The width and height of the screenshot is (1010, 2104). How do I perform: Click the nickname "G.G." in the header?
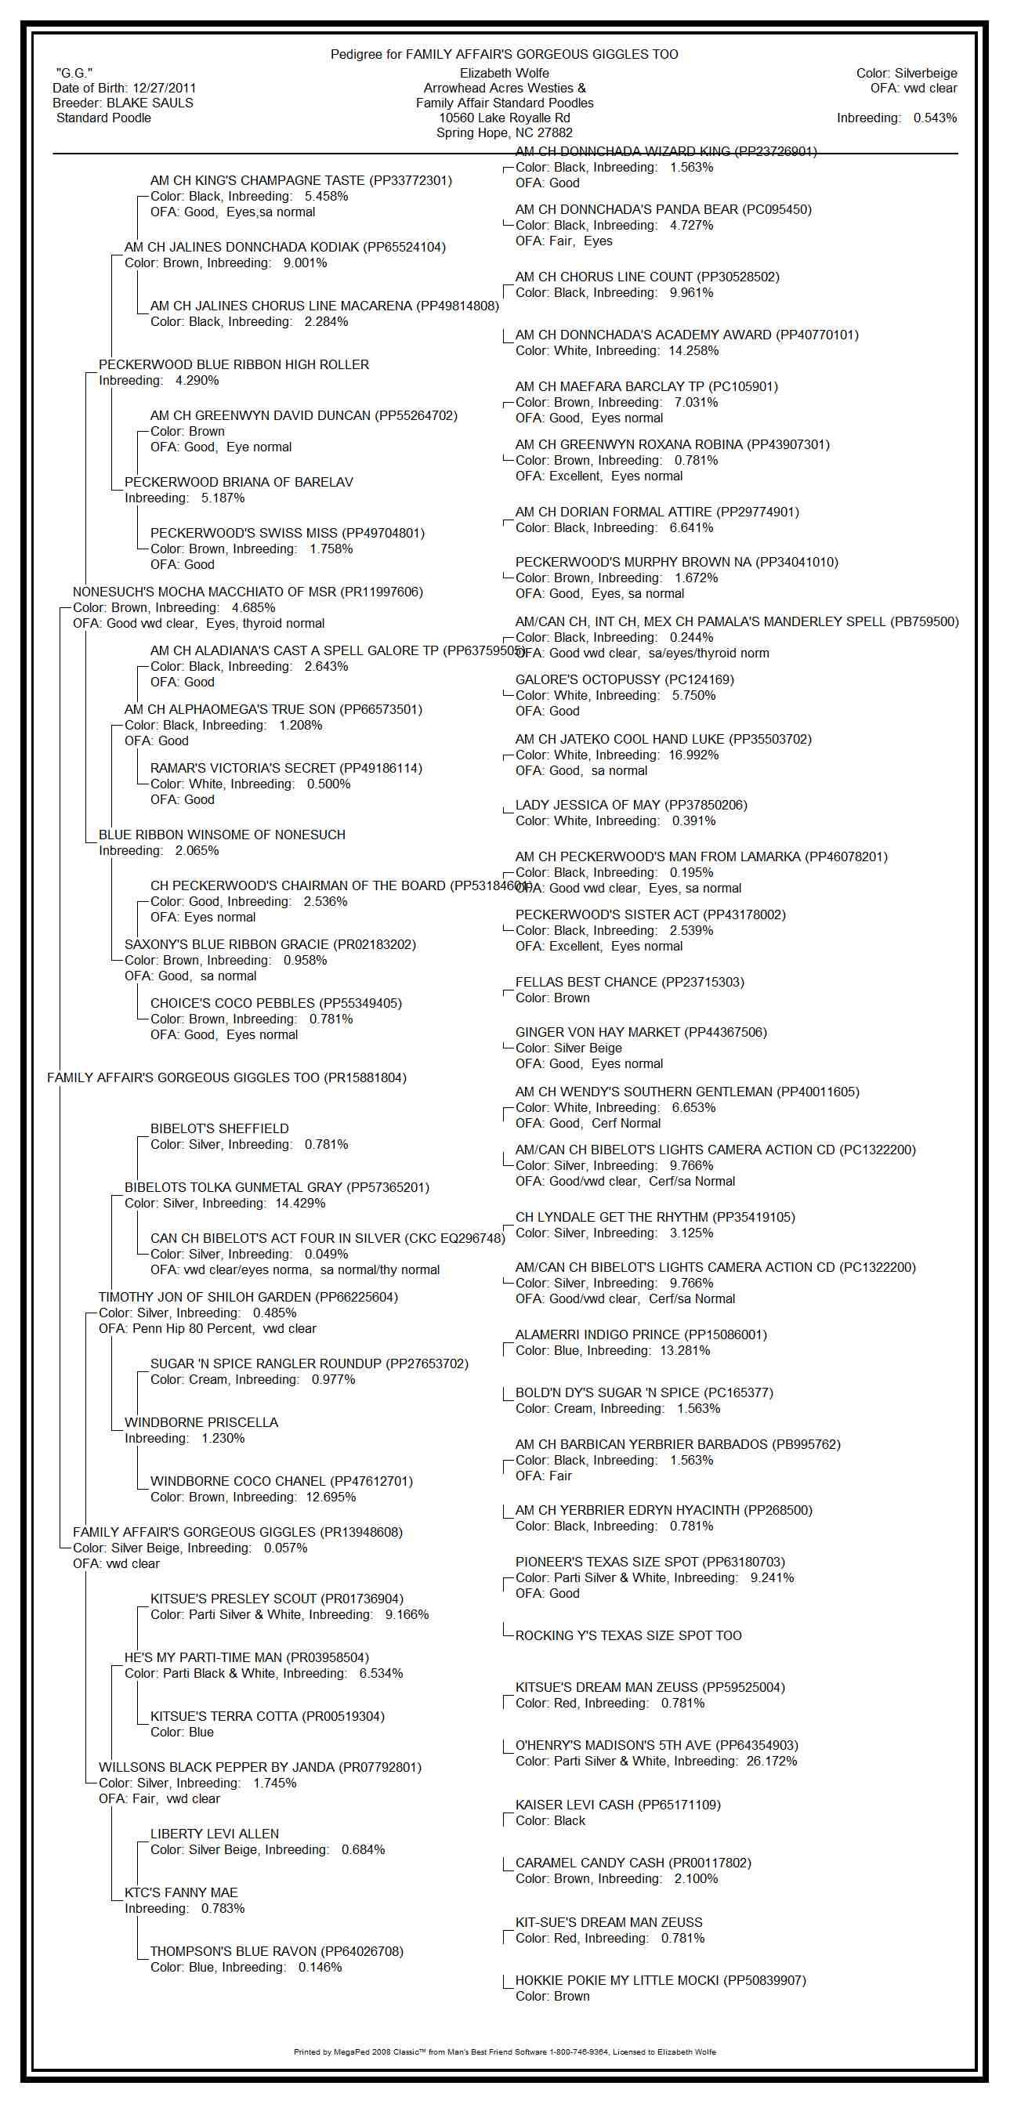pos(74,74)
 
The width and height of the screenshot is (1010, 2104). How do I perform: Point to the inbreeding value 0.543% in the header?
pos(935,118)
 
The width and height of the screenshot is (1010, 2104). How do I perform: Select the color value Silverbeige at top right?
pos(925,74)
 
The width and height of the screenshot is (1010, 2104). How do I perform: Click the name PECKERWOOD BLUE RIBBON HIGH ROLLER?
pos(233,364)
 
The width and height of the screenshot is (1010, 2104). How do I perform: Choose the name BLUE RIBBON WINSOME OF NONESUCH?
pos(221,835)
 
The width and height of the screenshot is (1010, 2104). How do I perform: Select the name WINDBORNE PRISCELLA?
pos(201,1422)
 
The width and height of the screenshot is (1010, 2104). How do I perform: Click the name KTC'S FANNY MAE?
pos(180,1892)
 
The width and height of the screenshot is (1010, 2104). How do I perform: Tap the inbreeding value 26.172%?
pos(771,1761)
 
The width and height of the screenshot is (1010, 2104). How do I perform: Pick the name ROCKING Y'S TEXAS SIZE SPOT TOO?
pos(628,1635)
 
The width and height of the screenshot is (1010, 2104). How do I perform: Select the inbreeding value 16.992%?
pos(693,755)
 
